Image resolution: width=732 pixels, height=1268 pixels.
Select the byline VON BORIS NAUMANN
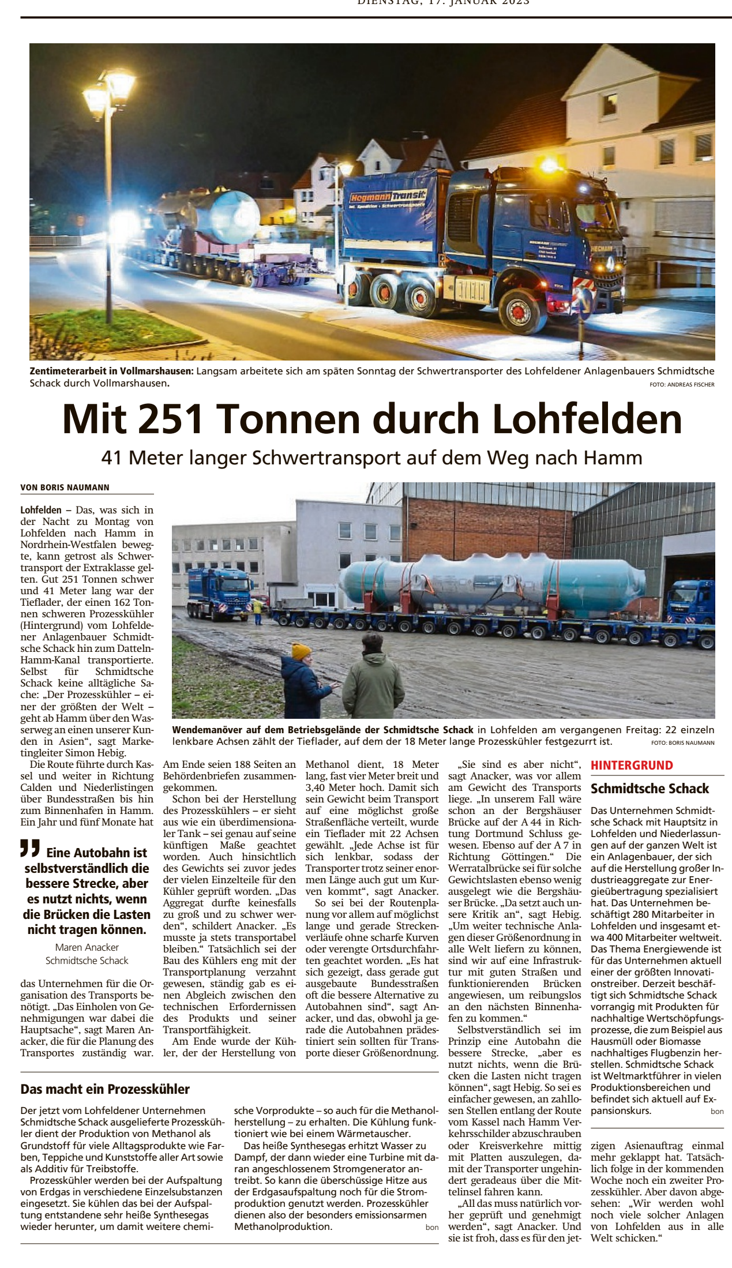tap(65, 487)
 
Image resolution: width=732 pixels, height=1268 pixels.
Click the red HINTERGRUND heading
tap(632, 766)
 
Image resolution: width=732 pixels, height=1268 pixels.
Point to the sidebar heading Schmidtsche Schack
tap(650, 789)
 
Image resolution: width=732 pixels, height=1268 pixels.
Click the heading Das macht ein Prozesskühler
tap(105, 1089)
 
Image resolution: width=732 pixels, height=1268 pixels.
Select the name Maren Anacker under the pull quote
tap(87, 947)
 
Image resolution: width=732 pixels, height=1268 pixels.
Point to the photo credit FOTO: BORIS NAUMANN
tap(682, 743)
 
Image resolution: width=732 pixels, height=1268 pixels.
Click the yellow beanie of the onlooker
tap(301, 651)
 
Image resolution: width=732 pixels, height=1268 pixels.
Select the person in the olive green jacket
tap(373, 681)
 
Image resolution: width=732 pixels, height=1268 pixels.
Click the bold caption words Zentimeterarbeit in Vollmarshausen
tap(111, 371)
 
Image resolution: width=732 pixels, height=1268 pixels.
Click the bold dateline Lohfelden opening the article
tap(41, 510)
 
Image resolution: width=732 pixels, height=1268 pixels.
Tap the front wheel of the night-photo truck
tap(518, 312)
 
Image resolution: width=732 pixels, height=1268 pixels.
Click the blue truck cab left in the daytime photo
tap(219, 591)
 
